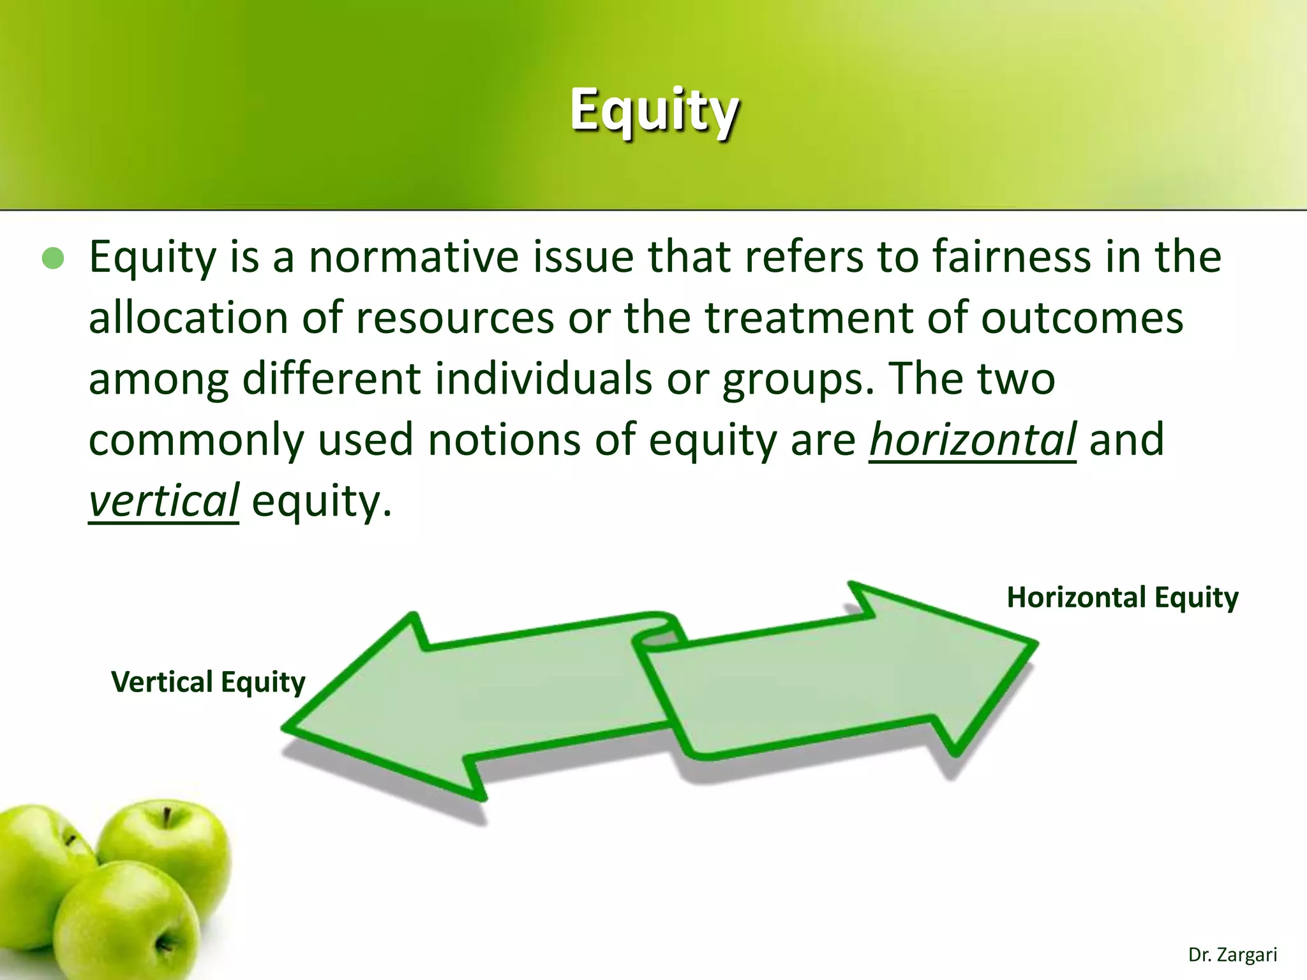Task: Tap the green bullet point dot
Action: (54, 258)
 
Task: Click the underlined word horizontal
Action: (973, 440)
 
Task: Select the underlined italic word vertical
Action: (163, 501)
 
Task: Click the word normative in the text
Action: (414, 257)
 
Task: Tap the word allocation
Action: (188, 318)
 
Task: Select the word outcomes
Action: (1082, 318)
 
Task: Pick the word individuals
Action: (544, 379)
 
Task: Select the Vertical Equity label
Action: (209, 682)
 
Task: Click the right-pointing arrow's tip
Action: (1034, 643)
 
